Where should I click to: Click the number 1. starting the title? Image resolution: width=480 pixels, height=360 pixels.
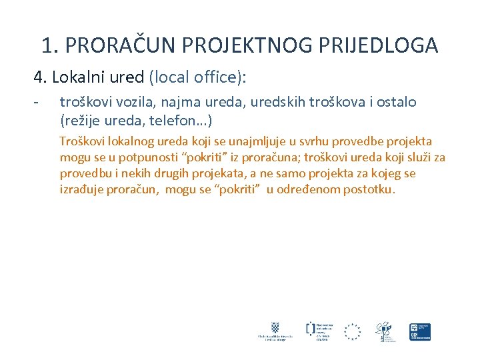50,45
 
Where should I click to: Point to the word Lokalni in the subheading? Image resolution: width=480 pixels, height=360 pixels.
81,77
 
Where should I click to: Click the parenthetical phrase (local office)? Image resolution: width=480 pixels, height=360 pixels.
198,77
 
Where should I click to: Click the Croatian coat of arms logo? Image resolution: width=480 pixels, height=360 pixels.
273,328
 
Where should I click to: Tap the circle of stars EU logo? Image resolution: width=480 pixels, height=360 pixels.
352,331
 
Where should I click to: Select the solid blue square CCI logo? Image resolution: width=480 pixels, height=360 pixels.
420,331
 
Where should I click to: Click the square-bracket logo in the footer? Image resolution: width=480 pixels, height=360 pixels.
311,329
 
